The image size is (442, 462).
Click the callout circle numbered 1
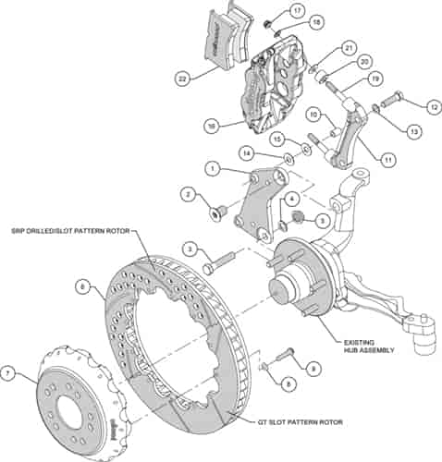coord(212,169)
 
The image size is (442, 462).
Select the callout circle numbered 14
coord(246,152)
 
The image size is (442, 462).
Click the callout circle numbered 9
coord(313,369)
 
